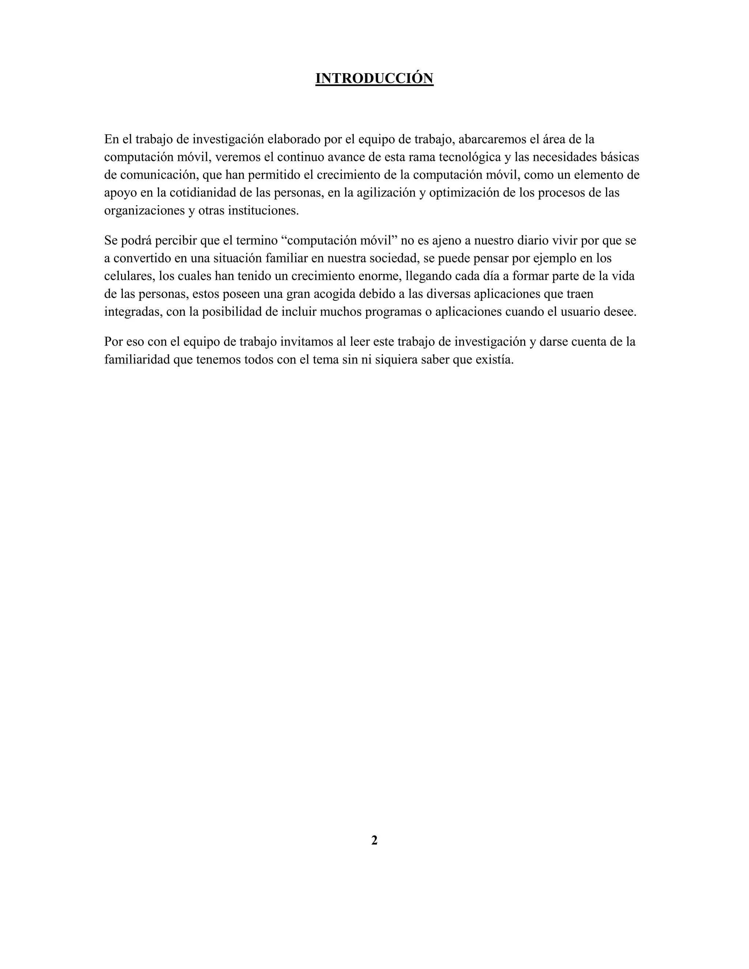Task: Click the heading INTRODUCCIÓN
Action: coord(374,79)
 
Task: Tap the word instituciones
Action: coord(263,211)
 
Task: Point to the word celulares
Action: coord(129,276)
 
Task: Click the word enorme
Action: coord(377,276)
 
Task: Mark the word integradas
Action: coord(132,312)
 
